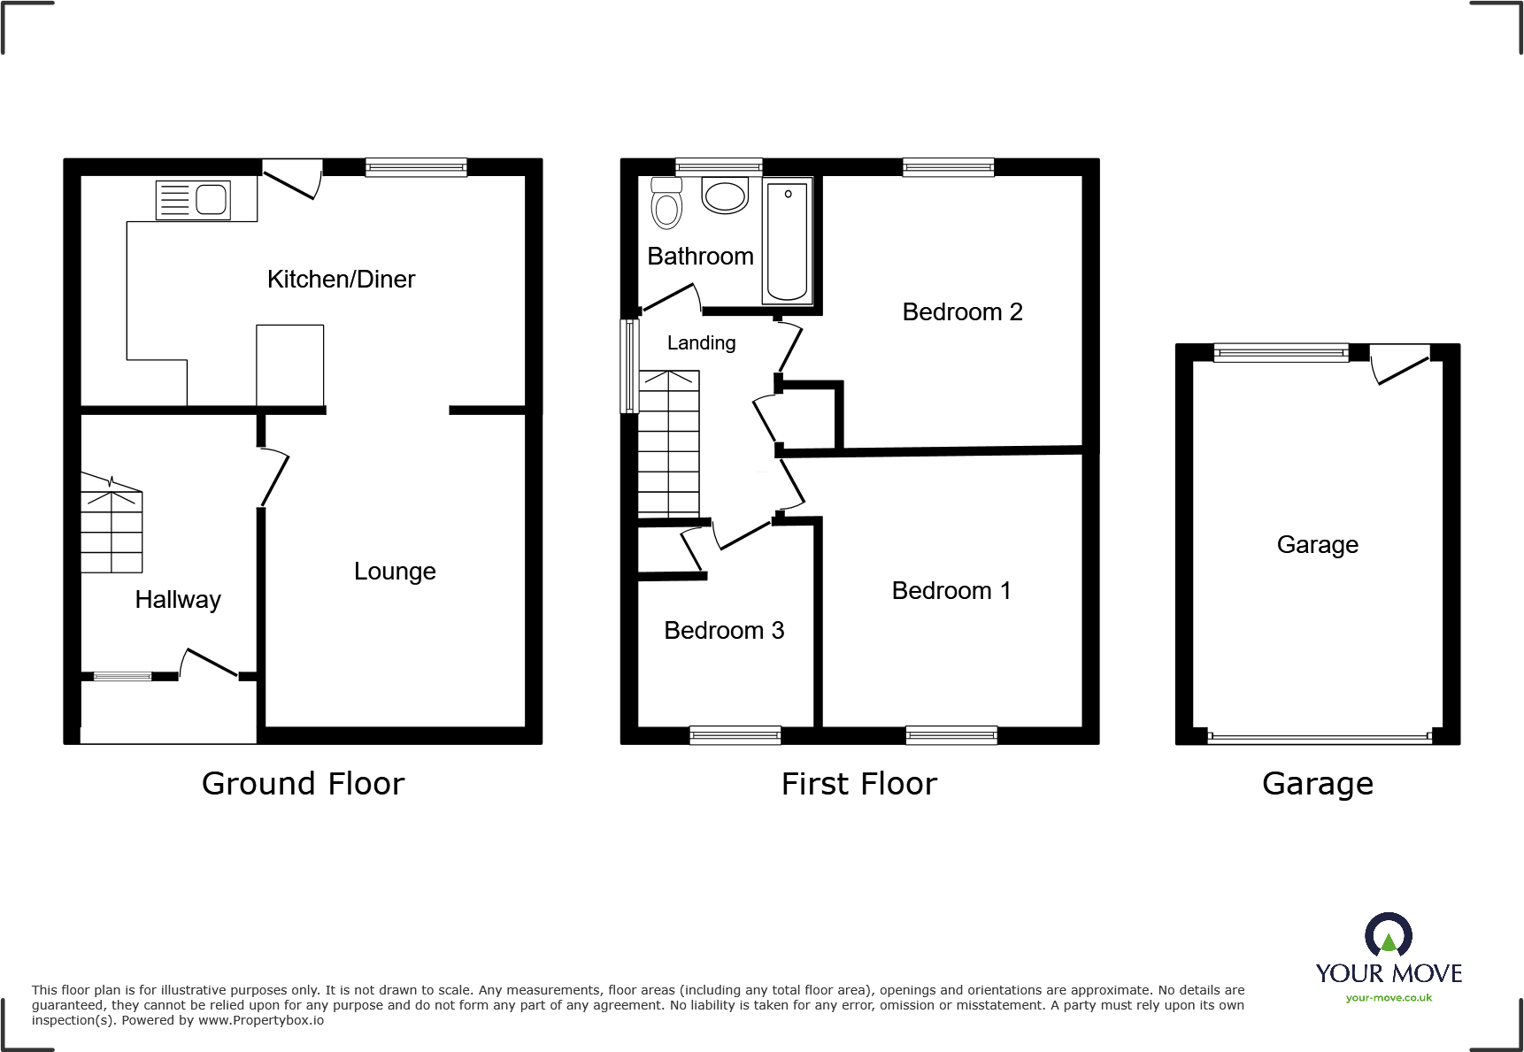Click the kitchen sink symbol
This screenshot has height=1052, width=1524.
193,200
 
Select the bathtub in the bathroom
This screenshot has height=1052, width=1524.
787,241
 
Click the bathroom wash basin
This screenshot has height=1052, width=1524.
725,196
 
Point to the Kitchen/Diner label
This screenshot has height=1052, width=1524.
341,280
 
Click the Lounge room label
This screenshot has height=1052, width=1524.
395,572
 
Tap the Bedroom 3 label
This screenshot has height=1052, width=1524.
724,631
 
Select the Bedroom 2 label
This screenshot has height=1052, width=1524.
962,312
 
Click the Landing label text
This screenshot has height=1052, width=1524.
701,343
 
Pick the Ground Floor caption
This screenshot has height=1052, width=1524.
303,784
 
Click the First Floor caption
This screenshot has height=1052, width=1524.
858,784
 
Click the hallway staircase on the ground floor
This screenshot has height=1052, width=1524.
112,526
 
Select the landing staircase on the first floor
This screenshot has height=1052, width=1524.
669,445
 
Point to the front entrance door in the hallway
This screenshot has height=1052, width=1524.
211,664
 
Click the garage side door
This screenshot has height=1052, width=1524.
1401,364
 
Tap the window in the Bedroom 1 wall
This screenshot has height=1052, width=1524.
951,734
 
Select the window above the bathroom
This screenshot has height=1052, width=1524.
719,166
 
